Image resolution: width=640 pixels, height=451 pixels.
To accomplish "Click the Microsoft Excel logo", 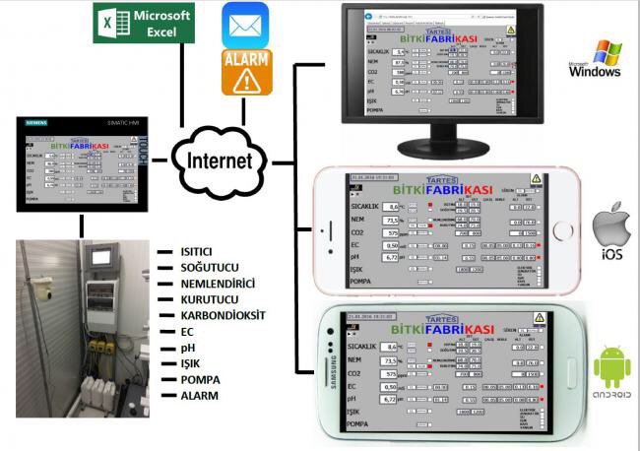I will [x=144, y=23].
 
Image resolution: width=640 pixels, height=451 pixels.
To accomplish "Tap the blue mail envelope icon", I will [x=245, y=24].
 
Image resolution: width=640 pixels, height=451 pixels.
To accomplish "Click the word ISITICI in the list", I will [x=193, y=251].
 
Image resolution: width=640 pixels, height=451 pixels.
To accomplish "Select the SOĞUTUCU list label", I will [x=202, y=267].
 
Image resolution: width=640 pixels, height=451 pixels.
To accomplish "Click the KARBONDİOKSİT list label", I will [x=218, y=316].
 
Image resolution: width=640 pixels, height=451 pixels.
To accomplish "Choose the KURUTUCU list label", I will [x=201, y=299].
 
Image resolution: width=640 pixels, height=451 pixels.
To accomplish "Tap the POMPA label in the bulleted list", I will [x=193, y=380].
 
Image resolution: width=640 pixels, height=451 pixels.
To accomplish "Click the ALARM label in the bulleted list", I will [x=193, y=396].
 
